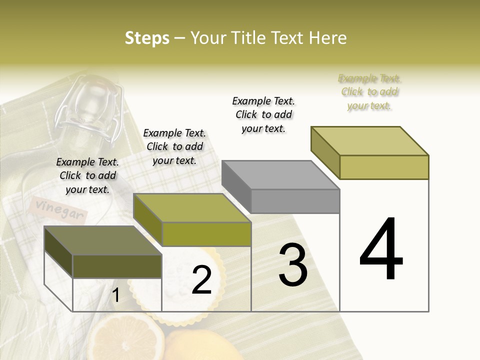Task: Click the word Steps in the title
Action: (x=147, y=38)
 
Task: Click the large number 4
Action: (x=381, y=249)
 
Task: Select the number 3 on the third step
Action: (x=293, y=265)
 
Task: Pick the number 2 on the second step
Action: (x=201, y=280)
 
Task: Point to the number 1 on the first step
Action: (x=115, y=295)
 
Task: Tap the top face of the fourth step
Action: (x=370, y=140)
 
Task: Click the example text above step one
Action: (x=87, y=175)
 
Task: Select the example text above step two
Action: (x=174, y=146)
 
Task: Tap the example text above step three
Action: (x=263, y=114)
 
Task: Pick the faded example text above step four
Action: (x=370, y=92)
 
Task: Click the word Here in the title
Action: (x=327, y=38)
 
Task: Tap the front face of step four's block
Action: (x=384, y=167)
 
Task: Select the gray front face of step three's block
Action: (x=295, y=201)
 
